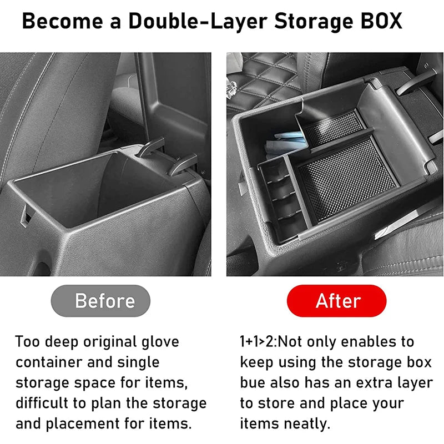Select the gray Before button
coord(100,300)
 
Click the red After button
coord(337,300)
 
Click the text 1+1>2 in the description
coord(257,342)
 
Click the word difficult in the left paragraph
coord(42,403)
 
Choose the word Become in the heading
coord(62,21)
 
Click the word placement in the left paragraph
coord(83,424)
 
